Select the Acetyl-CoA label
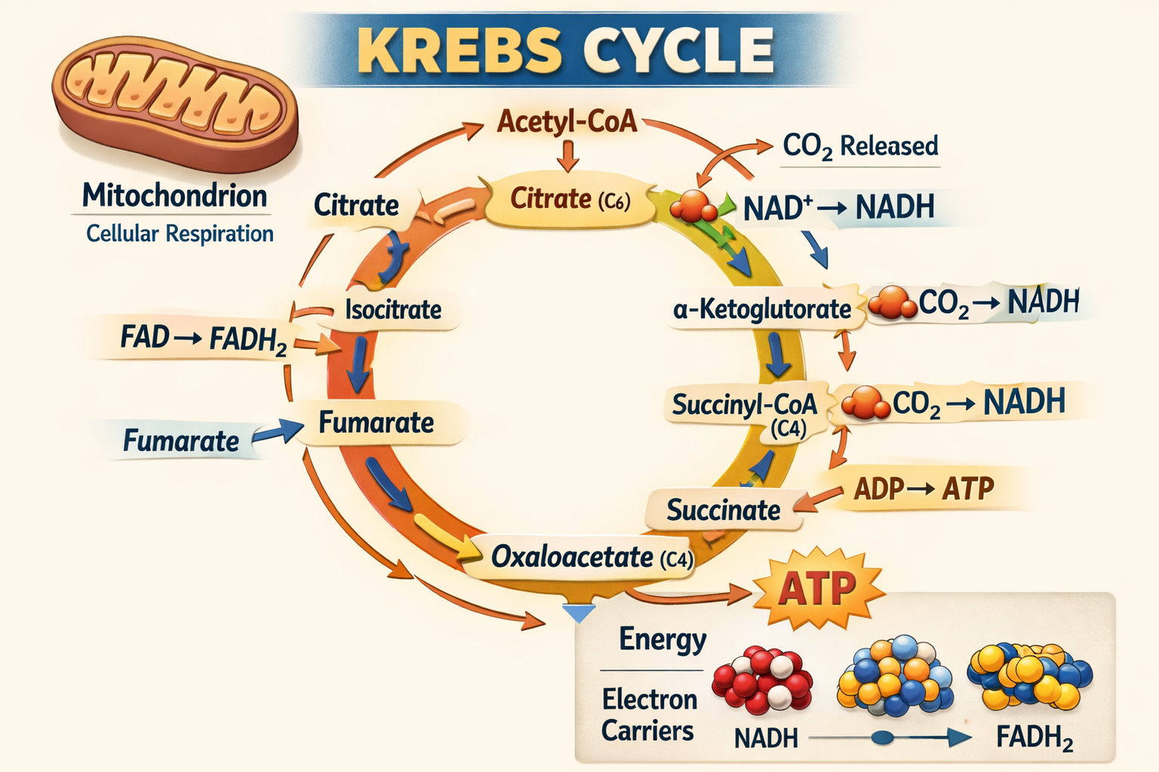(567, 121)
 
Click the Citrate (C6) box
(570, 200)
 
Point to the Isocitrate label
(392, 309)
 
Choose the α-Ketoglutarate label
(762, 309)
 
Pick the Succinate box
(723, 510)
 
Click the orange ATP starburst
(817, 589)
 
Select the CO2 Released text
(860, 146)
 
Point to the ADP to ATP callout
(924, 489)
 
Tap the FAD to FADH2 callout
(203, 339)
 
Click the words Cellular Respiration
(180, 234)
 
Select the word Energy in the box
(662, 639)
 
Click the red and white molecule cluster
(762, 679)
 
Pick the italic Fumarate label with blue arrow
(181, 441)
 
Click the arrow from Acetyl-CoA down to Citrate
(567, 155)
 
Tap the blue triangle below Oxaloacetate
(579, 613)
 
